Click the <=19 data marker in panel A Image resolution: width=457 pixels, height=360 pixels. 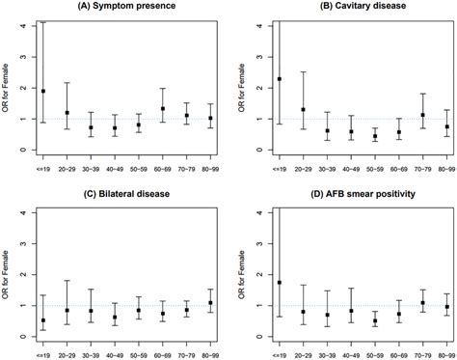click(x=43, y=91)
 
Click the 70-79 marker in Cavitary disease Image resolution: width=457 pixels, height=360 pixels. click(x=395, y=115)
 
